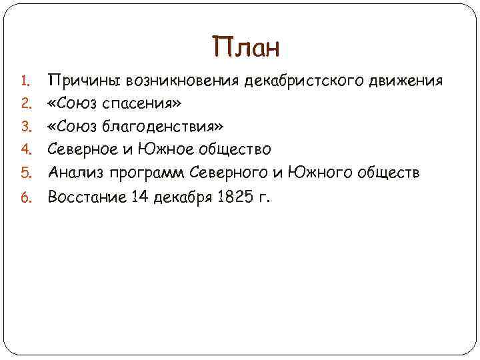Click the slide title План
click(247, 48)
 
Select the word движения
click(409, 82)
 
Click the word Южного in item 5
click(309, 174)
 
